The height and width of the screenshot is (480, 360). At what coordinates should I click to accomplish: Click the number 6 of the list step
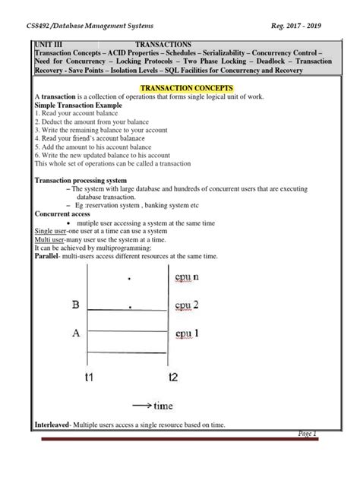(x=37, y=154)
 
